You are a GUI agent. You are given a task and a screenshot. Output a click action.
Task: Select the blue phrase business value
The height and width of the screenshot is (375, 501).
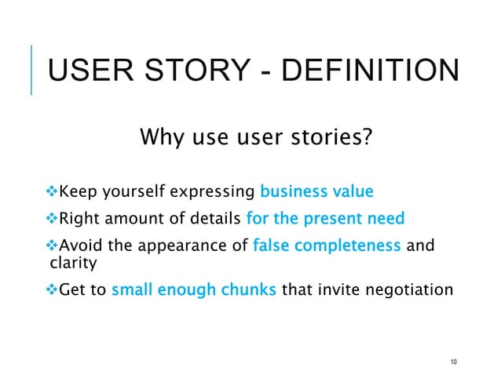pyautogui.click(x=316, y=191)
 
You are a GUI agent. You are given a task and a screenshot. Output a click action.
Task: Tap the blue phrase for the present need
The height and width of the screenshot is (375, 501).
pyautogui.click(x=325, y=219)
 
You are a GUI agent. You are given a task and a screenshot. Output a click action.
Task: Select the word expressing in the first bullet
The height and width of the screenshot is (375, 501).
pyautogui.click(x=215, y=191)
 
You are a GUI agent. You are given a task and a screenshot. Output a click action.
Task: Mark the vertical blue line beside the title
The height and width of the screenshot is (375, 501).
pyautogui.click(x=31, y=70)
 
